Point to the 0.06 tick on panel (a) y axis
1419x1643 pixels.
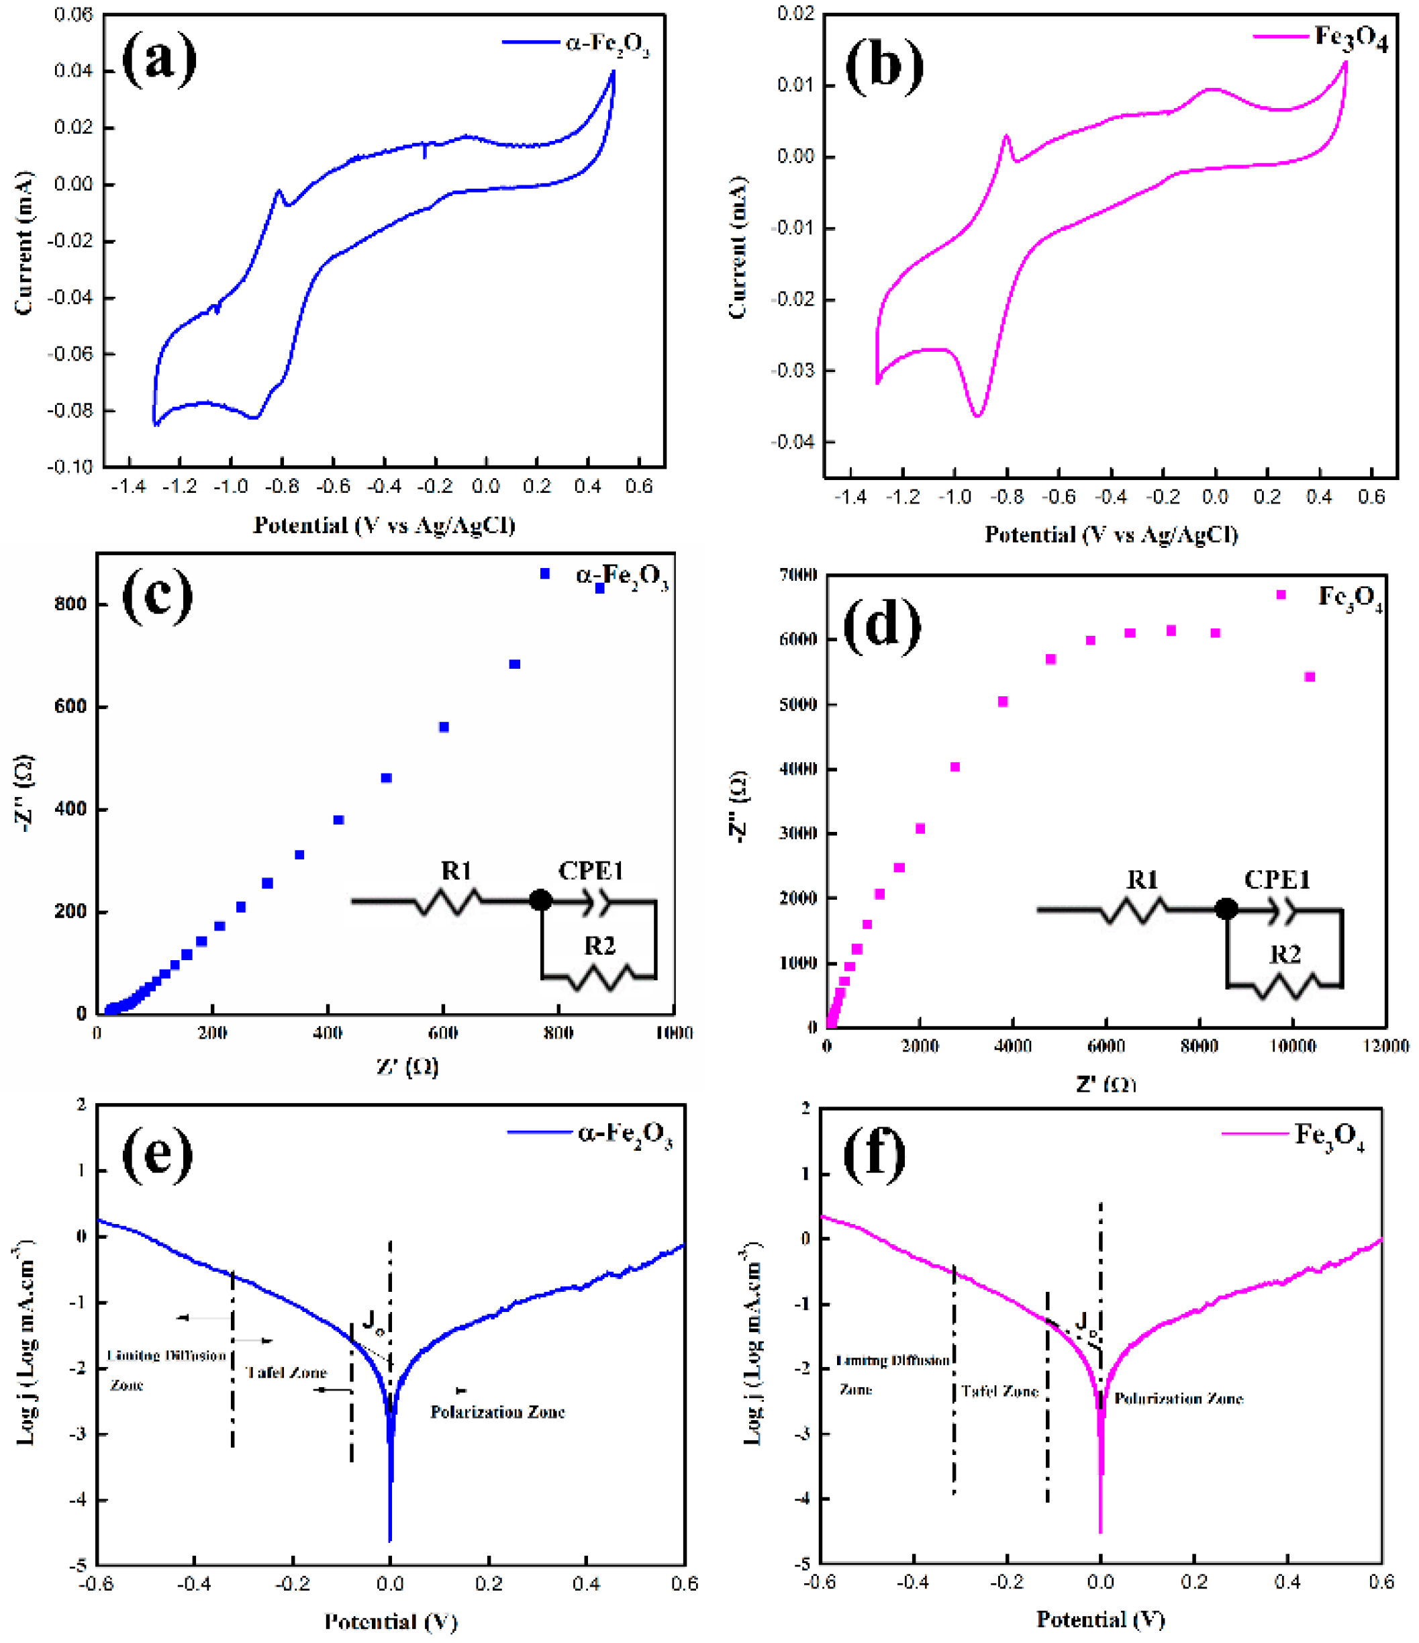(x=73, y=14)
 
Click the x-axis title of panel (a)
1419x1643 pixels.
(x=384, y=525)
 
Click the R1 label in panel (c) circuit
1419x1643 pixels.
(x=456, y=872)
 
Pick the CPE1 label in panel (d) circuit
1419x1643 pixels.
(x=1276, y=880)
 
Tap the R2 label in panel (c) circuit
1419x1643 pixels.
(x=599, y=946)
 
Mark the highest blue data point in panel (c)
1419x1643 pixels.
(x=544, y=573)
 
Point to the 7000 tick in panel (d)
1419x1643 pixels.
(x=800, y=575)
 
